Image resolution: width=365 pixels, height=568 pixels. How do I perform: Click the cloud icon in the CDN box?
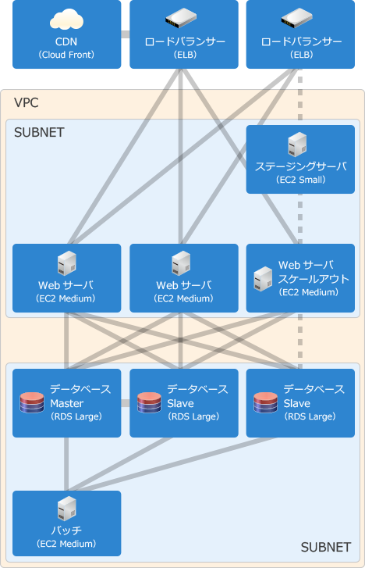[x=66, y=20]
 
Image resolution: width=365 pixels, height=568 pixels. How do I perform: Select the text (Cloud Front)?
[x=66, y=55]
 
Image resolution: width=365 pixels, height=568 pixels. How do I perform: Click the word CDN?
[x=66, y=41]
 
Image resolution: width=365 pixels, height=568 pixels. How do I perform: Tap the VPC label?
[x=26, y=102]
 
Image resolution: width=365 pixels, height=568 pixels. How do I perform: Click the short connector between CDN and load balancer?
[x=125, y=34]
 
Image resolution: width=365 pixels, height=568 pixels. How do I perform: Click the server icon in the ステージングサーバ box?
[x=297, y=145]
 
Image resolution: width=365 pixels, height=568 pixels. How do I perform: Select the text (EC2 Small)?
[x=301, y=180]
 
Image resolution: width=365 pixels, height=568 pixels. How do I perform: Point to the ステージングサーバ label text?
[x=301, y=166]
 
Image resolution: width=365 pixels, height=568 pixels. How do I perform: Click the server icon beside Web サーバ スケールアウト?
[x=263, y=279]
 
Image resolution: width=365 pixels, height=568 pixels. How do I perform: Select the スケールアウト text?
[x=314, y=279]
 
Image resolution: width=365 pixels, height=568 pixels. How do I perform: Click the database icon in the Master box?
[x=32, y=403]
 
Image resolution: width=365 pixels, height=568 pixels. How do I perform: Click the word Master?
[x=66, y=403]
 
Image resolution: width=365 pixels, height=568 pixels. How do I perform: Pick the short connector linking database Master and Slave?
[x=125, y=403]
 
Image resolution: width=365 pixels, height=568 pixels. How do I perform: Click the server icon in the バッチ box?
[x=67, y=509]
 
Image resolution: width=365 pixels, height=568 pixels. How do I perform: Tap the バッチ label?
[x=66, y=530]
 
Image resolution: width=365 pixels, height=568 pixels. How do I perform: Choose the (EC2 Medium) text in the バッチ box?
[x=66, y=544]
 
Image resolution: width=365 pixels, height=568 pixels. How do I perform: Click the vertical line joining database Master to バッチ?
[x=66, y=464]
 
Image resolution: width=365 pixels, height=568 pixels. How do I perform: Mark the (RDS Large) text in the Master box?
[x=76, y=416]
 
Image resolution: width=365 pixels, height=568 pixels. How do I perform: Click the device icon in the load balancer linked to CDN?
[x=181, y=18]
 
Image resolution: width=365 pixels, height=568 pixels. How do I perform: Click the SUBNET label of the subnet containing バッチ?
[x=326, y=547]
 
